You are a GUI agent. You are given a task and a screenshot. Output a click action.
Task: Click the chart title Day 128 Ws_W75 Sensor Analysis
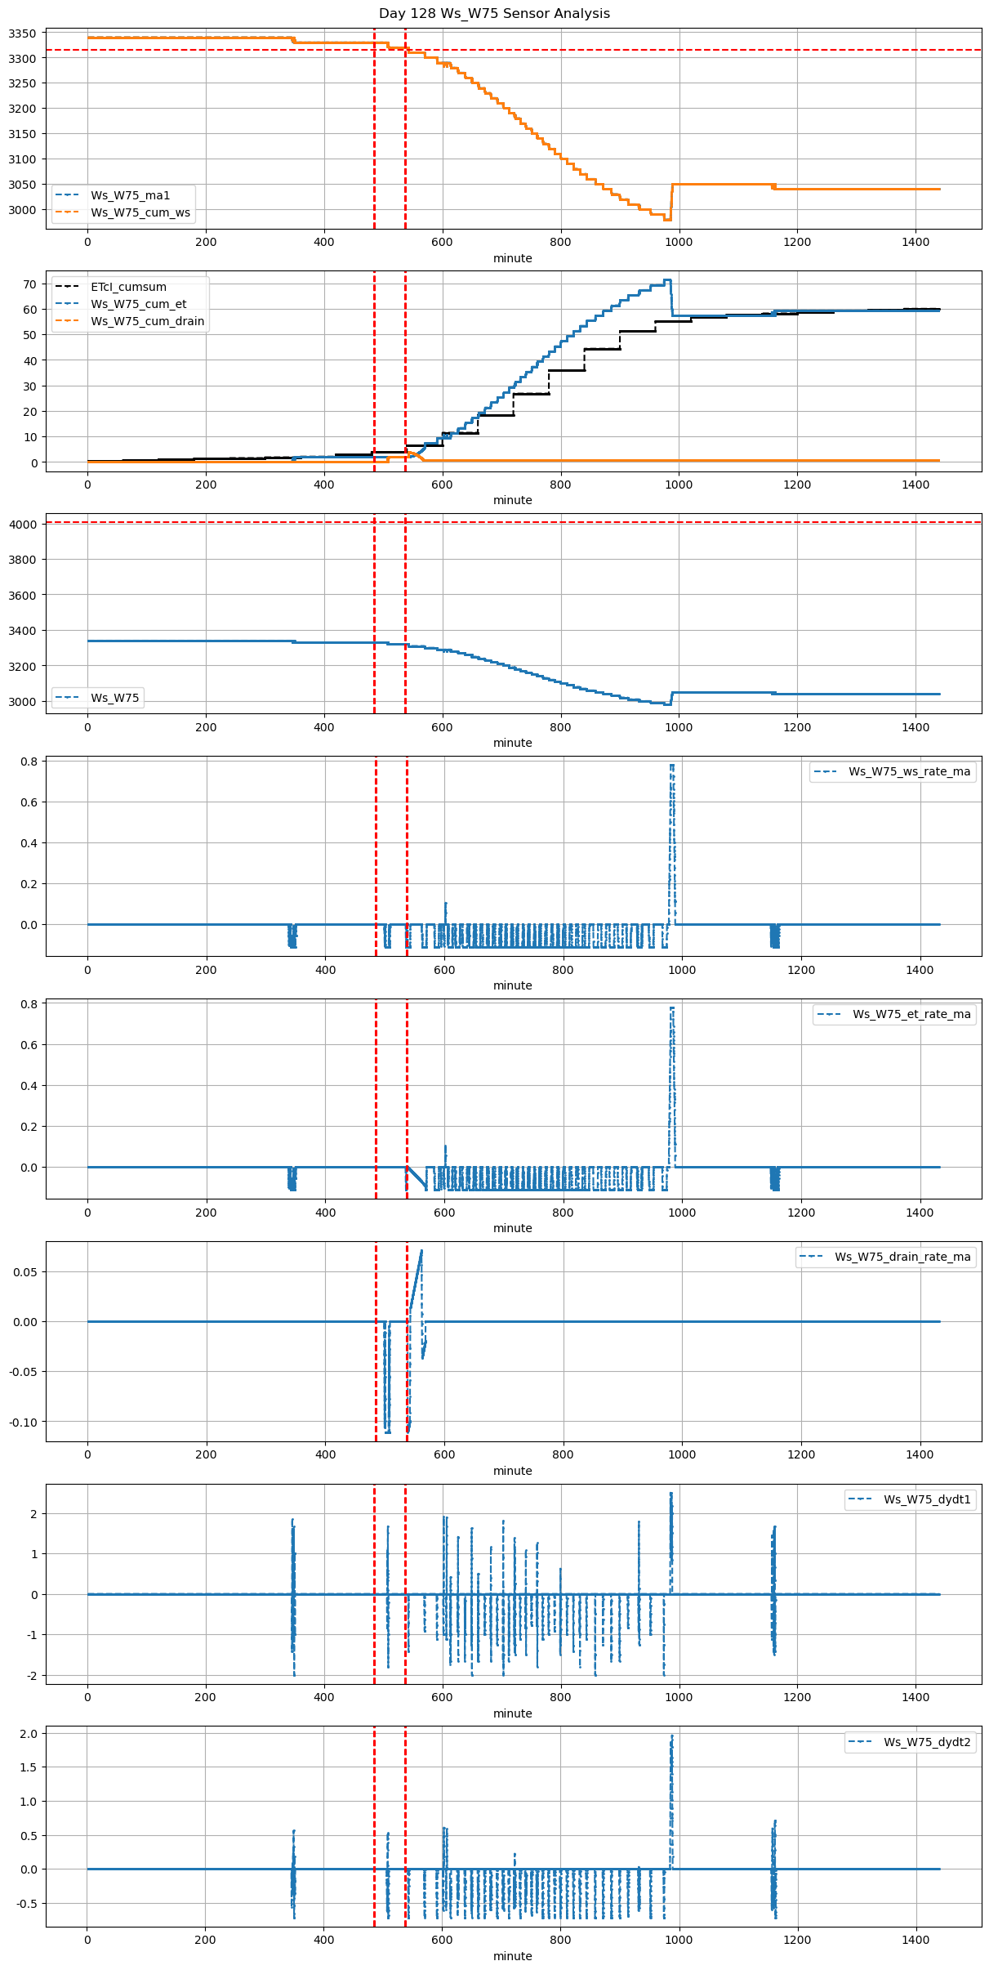pyautogui.click(x=494, y=14)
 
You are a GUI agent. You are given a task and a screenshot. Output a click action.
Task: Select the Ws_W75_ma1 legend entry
pyautogui.click(x=130, y=195)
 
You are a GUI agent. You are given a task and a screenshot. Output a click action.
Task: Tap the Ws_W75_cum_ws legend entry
pyautogui.click(x=140, y=212)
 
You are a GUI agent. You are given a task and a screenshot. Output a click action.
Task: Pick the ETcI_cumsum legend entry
pyautogui.click(x=128, y=287)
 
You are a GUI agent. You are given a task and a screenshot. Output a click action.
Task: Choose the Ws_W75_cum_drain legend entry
pyautogui.click(x=147, y=321)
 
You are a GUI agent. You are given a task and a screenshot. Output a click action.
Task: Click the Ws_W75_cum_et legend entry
pyautogui.click(x=138, y=304)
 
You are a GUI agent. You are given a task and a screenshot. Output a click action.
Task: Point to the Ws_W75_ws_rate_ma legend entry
pyautogui.click(x=909, y=771)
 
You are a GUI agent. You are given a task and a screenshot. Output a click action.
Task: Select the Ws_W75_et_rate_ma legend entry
pyautogui.click(x=911, y=1014)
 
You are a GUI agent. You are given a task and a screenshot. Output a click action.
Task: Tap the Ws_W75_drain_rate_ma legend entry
pyautogui.click(x=902, y=1257)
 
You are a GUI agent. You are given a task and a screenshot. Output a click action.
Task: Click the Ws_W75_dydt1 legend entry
pyautogui.click(x=927, y=1499)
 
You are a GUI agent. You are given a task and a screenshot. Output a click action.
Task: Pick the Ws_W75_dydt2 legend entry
pyautogui.click(x=927, y=1742)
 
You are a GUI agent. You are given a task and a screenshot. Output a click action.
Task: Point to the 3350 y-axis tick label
pyautogui.click(x=22, y=34)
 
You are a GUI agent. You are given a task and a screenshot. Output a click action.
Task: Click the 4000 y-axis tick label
pyautogui.click(x=22, y=525)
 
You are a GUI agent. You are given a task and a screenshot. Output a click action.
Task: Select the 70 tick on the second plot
pyautogui.click(x=30, y=284)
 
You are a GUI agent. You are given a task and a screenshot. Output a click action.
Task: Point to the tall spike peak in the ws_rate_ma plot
pyautogui.click(x=672, y=766)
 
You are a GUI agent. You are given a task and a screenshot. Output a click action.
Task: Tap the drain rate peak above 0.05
pyautogui.click(x=421, y=1250)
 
